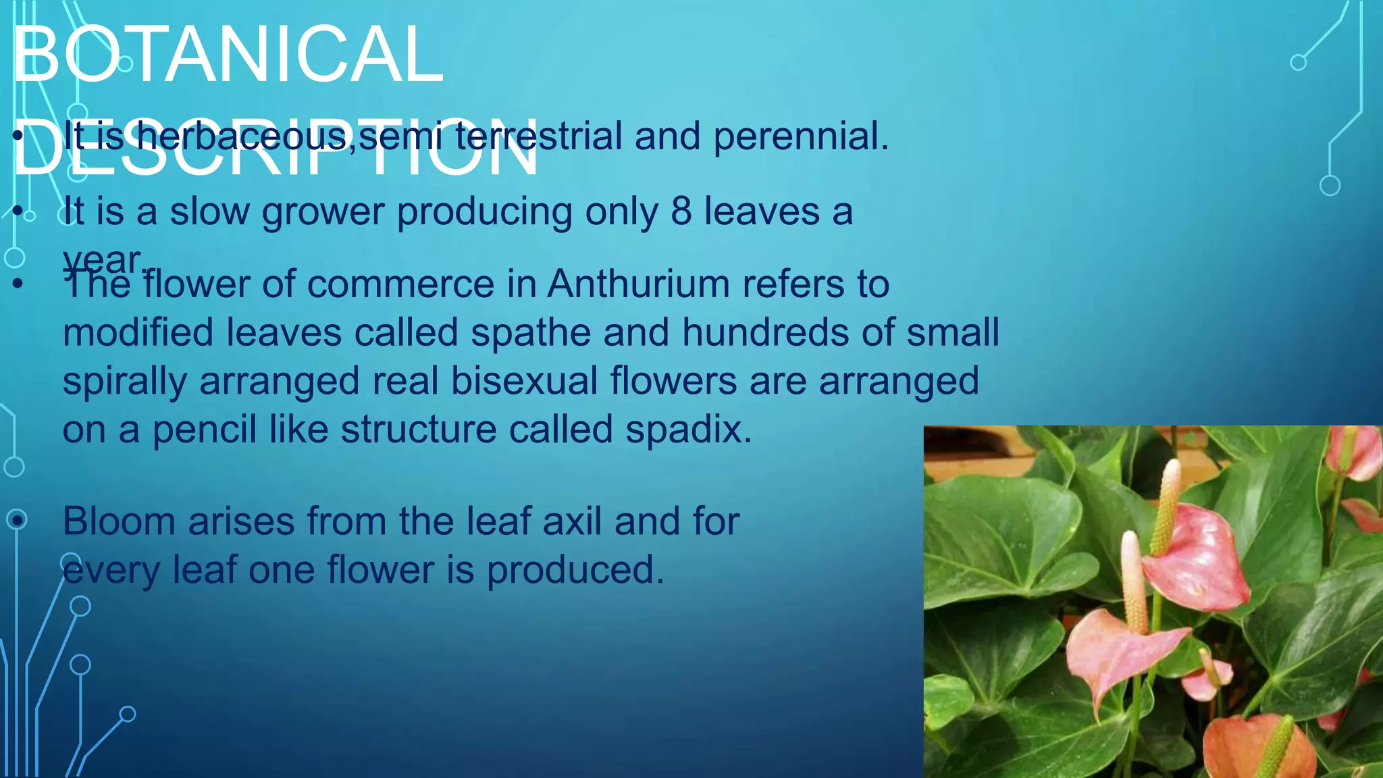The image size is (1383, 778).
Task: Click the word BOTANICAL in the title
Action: tap(227, 55)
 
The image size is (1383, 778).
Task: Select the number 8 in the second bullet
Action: tap(681, 211)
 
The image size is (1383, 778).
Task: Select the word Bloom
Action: tap(118, 521)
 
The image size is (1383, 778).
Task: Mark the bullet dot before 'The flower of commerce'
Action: tap(18, 284)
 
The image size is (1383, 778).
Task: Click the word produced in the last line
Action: tap(575, 570)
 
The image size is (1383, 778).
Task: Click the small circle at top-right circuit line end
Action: tap(1298, 63)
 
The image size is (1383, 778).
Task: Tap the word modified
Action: tap(138, 332)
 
